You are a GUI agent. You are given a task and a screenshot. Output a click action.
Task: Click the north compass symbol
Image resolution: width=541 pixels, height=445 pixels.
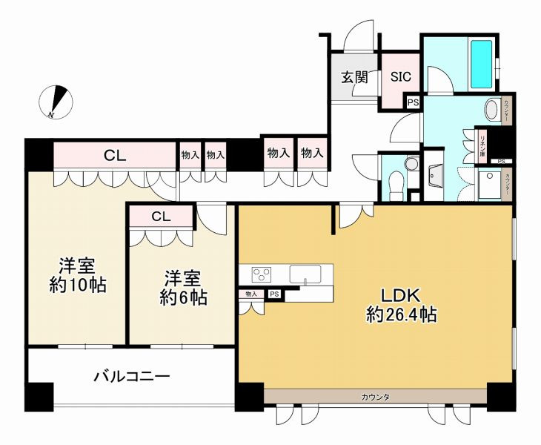pos(57,102)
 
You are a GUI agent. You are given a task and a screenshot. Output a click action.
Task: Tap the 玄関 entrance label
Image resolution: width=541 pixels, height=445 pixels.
pos(354,76)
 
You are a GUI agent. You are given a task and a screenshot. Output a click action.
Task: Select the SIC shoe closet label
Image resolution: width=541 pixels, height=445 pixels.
pos(400,76)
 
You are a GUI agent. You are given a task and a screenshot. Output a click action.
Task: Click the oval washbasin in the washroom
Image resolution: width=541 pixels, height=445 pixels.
pos(492,111)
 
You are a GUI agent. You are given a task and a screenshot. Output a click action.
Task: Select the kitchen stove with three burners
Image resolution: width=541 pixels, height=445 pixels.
pos(262,274)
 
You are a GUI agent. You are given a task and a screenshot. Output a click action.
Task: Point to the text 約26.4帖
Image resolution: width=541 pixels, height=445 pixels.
pos(401,314)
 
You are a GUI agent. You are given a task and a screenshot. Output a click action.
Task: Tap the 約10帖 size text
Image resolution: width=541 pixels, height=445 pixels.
pos(78,286)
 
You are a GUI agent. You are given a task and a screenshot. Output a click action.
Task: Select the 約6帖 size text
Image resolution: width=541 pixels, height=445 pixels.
pos(182,298)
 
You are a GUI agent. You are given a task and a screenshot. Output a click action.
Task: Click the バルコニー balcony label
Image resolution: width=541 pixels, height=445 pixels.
pos(132,375)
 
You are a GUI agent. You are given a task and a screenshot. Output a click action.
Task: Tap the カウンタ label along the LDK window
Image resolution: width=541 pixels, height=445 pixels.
pos(375,398)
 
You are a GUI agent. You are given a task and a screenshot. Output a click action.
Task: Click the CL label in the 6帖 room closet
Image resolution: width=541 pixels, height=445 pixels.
pos(161,217)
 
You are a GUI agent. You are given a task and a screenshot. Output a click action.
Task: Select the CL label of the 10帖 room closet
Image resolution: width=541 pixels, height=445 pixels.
pos(114,156)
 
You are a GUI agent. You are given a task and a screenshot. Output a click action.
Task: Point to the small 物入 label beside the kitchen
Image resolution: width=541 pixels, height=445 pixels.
pos(251,294)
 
